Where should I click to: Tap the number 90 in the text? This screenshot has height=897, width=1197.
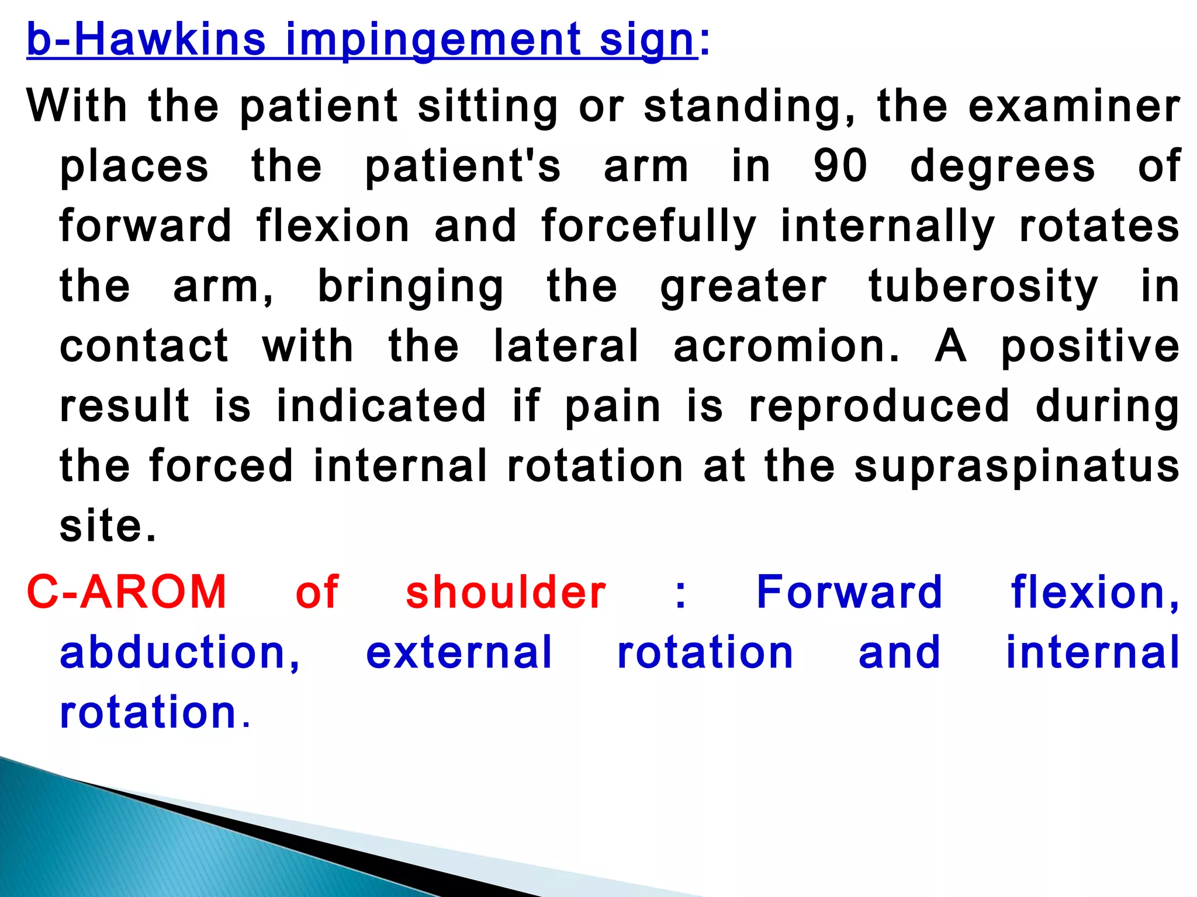pos(840,166)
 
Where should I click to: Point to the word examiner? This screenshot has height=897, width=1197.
pos(1074,106)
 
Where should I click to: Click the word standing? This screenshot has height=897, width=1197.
pos(749,107)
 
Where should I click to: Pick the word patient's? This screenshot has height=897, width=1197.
pos(463,166)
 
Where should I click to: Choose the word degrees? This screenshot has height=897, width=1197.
pos(1003,167)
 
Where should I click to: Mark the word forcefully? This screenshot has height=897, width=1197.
pos(649,227)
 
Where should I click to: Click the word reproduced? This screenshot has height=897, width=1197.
pos(879,406)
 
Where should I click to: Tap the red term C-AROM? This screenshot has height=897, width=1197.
pos(127,592)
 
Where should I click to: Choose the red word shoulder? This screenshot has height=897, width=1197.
pos(506,592)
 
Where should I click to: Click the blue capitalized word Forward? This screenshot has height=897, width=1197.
pos(849,592)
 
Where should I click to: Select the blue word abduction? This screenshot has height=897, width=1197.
pos(180,652)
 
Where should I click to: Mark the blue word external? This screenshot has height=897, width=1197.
pos(459,652)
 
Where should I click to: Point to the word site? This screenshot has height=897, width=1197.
pos(108,526)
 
